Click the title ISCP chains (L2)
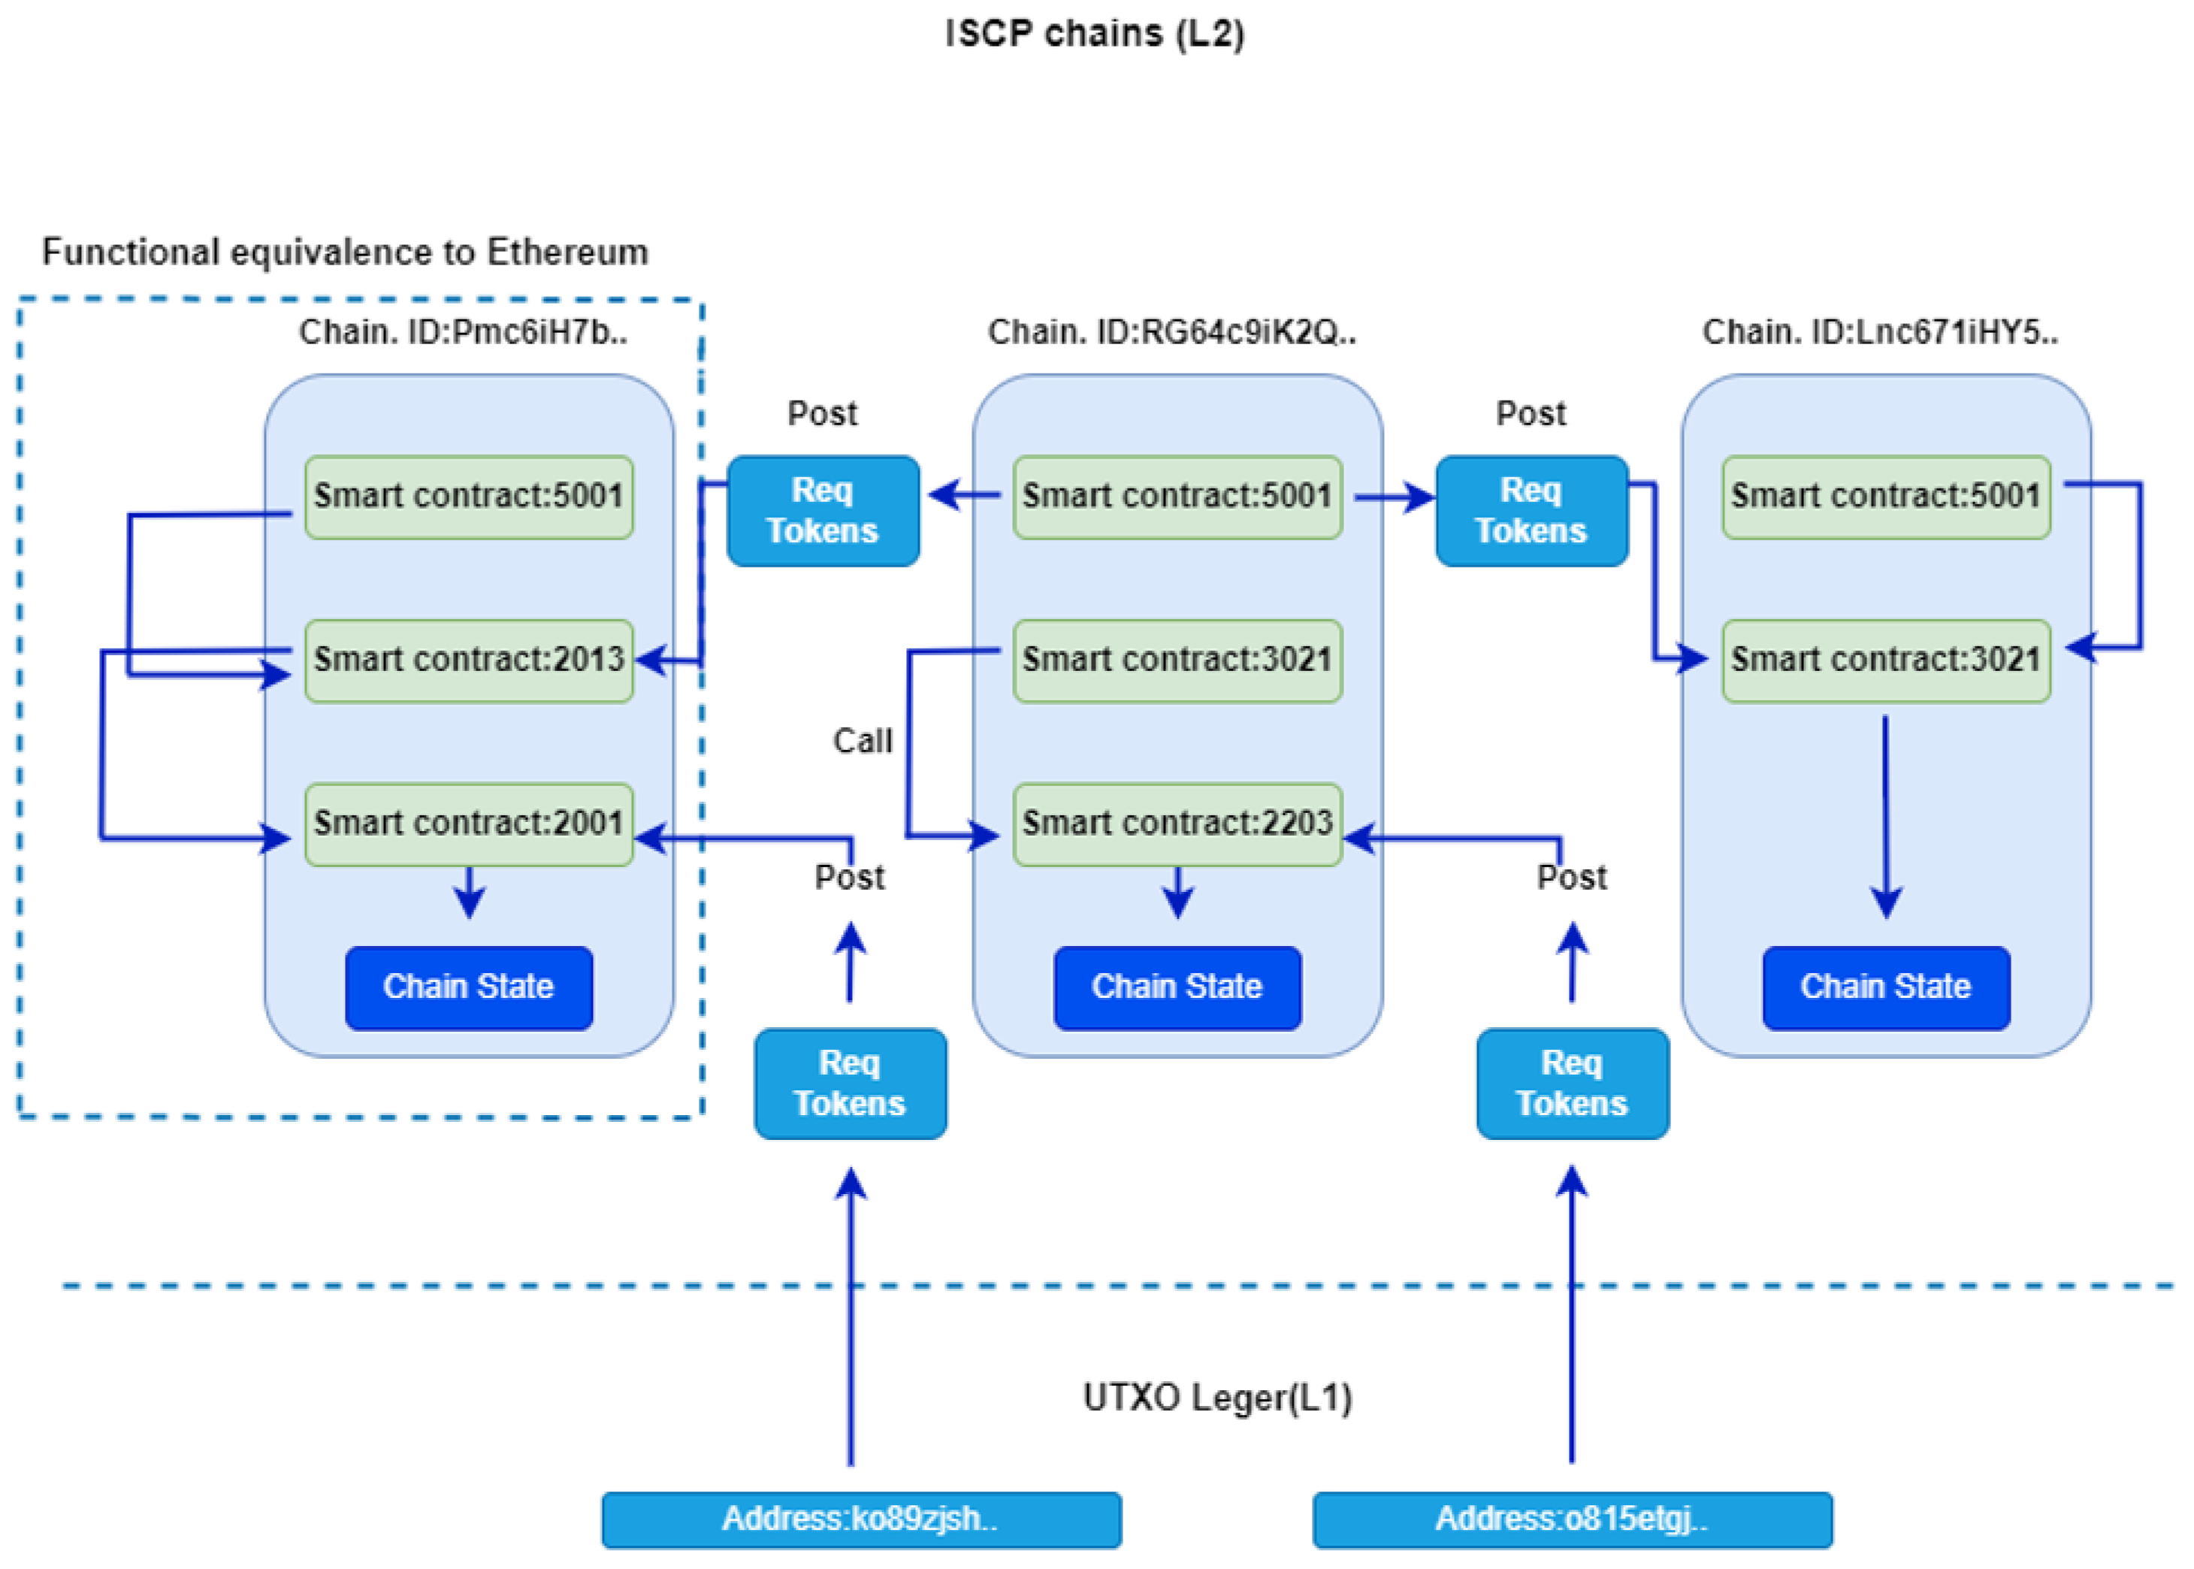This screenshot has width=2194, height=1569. [x=1095, y=34]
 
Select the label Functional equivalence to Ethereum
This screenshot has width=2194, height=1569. [x=345, y=252]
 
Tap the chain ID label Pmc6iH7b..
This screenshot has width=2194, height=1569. [x=463, y=332]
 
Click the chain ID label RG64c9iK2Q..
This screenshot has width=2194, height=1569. [x=1171, y=332]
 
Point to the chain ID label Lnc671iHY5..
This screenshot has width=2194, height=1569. [x=1879, y=332]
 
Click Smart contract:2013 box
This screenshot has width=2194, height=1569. [x=469, y=660]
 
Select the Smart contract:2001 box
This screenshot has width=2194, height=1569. [x=469, y=823]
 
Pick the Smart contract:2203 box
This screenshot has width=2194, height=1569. [x=1177, y=823]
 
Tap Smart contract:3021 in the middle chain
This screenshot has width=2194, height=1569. [x=1177, y=660]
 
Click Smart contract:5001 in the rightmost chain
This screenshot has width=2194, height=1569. [x=1885, y=497]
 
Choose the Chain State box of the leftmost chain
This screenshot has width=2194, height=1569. [x=469, y=987]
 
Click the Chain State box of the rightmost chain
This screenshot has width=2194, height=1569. [x=1885, y=987]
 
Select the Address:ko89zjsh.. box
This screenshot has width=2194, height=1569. [x=861, y=1519]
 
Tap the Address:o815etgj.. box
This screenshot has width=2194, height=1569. [x=1572, y=1519]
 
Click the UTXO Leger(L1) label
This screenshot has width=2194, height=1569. [x=1216, y=1398]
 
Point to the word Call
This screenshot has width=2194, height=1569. [x=862, y=741]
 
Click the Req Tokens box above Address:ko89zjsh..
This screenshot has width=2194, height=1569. [x=850, y=1083]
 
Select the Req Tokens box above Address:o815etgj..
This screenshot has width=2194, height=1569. [x=1572, y=1083]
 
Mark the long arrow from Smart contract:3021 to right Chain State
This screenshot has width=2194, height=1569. [x=1885, y=812]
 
